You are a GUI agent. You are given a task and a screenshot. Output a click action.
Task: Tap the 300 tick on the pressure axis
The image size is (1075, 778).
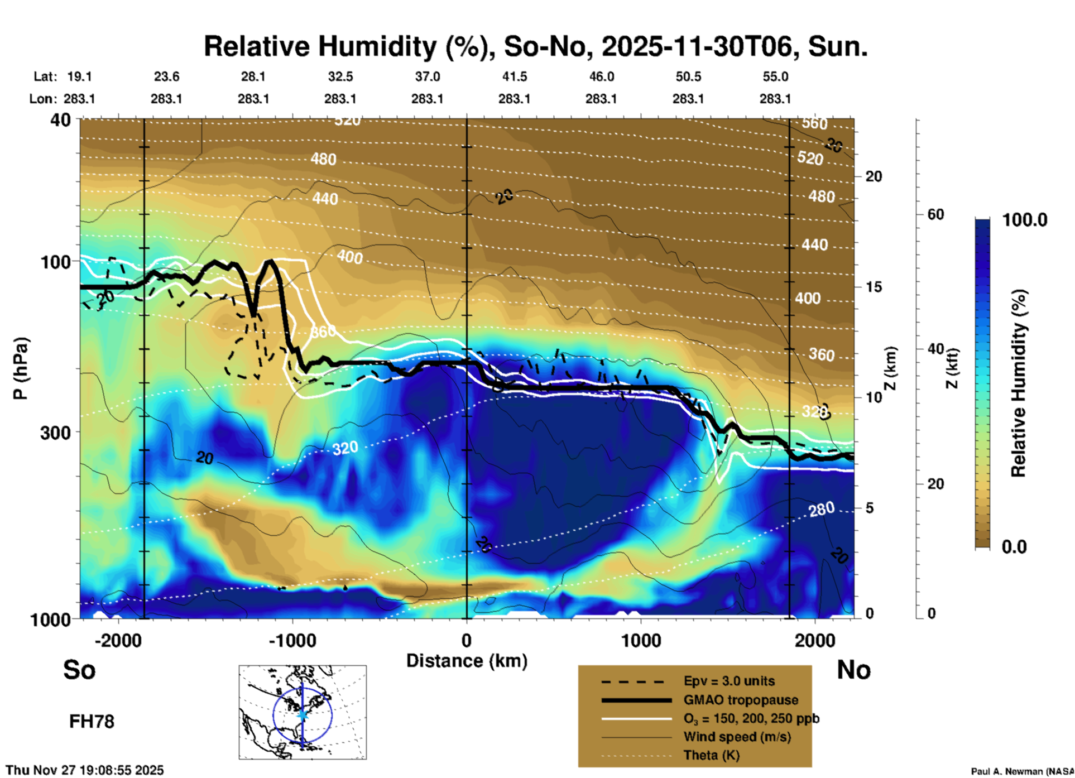tap(55, 433)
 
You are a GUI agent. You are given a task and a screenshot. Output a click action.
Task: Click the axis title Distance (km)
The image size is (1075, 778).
tap(467, 661)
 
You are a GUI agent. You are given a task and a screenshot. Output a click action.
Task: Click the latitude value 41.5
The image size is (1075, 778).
tap(514, 76)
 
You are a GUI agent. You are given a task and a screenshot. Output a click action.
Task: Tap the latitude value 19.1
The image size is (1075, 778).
tap(79, 76)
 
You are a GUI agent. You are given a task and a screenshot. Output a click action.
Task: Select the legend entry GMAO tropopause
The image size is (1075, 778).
tap(741, 700)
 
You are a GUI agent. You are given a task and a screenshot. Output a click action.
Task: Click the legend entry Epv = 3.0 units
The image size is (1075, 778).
tap(729, 681)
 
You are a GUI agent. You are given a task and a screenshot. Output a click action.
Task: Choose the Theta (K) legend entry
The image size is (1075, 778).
tap(711, 755)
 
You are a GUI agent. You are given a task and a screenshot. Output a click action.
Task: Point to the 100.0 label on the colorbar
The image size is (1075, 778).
tap(1025, 220)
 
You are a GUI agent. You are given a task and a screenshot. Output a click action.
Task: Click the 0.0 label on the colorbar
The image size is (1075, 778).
tap(1014, 546)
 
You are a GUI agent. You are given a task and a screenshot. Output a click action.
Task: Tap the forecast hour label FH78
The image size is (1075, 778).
tap(92, 722)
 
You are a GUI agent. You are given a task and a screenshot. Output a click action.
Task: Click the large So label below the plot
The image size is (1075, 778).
tap(79, 670)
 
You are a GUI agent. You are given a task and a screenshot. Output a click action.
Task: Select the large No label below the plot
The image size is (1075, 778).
tap(853, 670)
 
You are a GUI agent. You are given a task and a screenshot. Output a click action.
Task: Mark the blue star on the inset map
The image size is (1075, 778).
tap(303, 714)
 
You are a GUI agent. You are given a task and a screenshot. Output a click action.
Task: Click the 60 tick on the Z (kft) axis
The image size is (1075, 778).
tap(935, 214)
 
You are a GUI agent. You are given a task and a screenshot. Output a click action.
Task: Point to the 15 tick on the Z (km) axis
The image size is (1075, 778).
tap(873, 287)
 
